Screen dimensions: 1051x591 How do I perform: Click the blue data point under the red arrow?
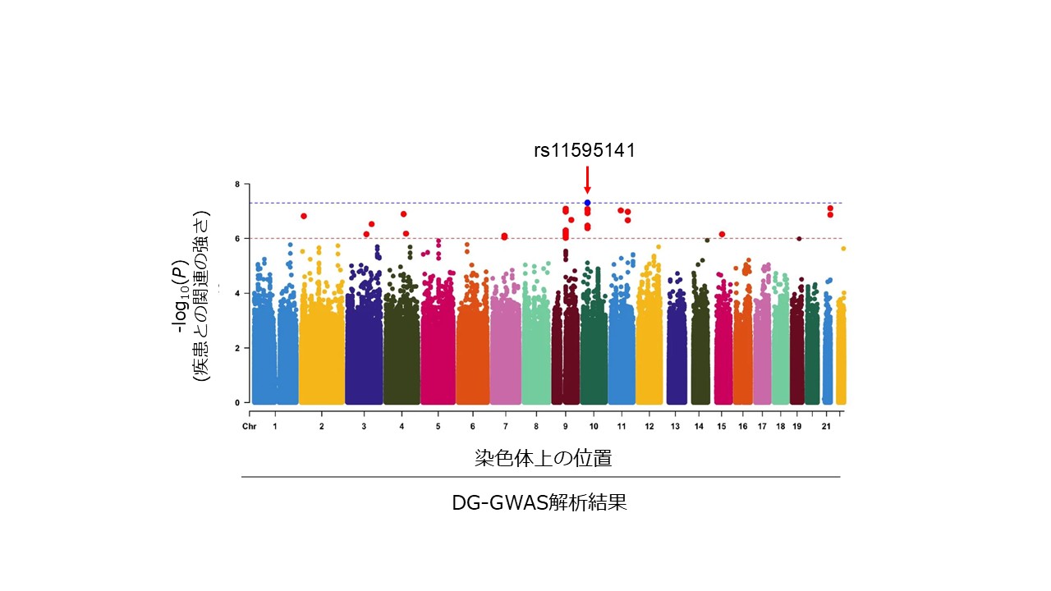pos(587,203)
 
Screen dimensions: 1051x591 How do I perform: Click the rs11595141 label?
pos(585,150)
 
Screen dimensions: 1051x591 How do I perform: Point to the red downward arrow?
pos(587,180)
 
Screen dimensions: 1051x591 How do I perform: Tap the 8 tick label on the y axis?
pos(237,185)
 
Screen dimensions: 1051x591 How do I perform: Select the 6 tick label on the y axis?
pos(237,239)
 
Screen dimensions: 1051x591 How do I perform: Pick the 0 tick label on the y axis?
pos(237,402)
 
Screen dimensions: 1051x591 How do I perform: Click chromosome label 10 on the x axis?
pos(594,426)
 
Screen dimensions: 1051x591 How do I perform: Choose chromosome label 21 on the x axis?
pos(826,426)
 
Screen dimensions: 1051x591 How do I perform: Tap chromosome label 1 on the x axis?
pos(275,426)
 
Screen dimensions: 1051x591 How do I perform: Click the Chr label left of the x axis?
pos(249,426)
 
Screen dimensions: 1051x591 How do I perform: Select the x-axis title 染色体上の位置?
pos(544,458)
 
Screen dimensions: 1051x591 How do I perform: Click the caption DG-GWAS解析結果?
pos(539,503)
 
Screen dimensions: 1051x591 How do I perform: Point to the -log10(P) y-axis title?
pos(181,296)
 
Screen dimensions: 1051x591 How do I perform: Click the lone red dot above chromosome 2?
pos(304,216)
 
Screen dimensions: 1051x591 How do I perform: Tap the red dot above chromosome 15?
pos(722,234)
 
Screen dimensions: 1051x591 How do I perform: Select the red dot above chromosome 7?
pos(504,236)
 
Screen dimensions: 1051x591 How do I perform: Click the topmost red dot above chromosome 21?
pos(830,208)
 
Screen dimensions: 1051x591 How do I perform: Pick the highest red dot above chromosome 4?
pos(403,214)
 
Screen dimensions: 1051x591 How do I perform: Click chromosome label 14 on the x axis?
pos(699,426)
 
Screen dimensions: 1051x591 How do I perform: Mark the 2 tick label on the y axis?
pos(237,348)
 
